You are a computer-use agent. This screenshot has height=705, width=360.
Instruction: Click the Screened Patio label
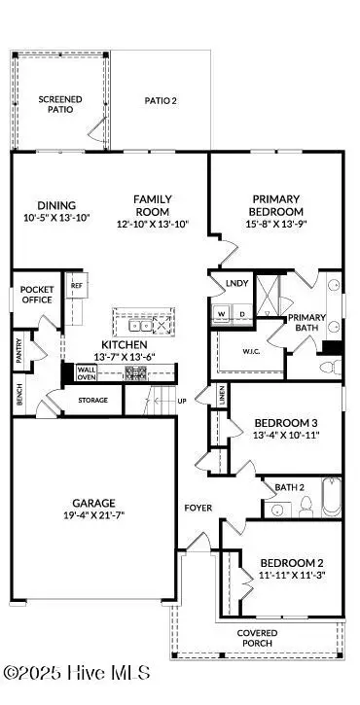tap(60, 104)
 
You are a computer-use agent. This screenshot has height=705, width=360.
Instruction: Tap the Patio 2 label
tap(161, 100)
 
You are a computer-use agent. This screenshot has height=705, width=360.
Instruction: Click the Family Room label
tap(152, 205)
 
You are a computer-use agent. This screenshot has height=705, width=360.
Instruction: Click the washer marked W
tap(221, 313)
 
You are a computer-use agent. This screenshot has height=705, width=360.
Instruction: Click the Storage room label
tap(93, 400)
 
